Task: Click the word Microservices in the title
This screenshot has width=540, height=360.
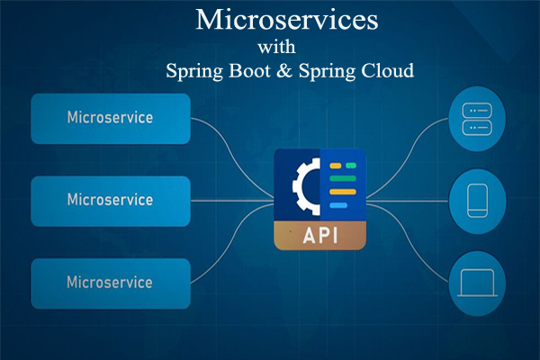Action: tap(287, 19)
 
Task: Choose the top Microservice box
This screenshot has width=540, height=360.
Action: tap(110, 118)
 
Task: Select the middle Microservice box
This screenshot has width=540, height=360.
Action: tap(110, 200)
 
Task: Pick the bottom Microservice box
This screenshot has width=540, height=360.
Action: tap(110, 282)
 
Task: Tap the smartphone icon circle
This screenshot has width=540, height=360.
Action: tap(474, 200)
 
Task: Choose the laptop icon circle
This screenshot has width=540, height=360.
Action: tap(474, 282)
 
